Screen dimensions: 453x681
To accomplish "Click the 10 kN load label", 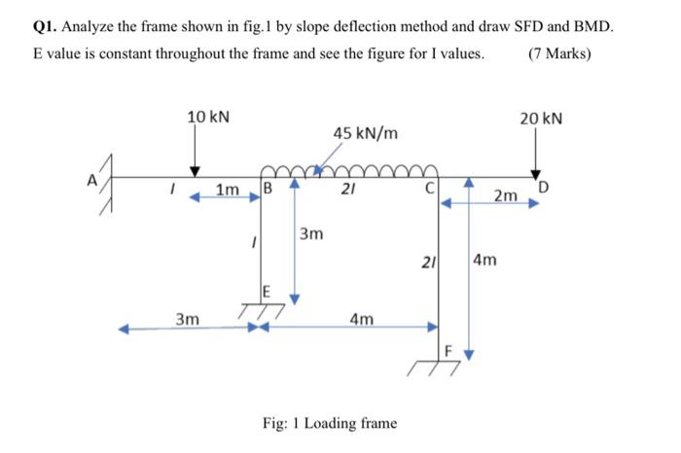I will point(208,118).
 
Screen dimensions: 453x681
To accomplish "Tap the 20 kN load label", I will point(541,118).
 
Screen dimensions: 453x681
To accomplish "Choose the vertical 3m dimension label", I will point(311,234).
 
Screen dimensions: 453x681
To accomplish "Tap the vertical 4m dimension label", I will point(485,261).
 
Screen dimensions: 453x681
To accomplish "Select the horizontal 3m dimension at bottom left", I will point(188,318).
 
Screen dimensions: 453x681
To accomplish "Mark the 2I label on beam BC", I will point(346,190).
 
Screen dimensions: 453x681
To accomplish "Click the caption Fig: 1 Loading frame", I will point(330,423).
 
